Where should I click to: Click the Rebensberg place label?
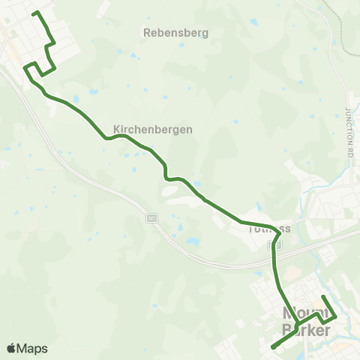pos(175,33)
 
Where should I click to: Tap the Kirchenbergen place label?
pos(153,129)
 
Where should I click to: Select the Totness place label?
pos(268,230)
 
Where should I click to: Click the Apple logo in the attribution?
pos(11,348)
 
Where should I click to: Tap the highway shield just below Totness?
pos(277,244)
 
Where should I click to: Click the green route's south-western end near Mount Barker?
pos(271,347)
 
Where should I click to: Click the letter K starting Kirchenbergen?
pos(117,129)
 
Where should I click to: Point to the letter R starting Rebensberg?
pos(146,33)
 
